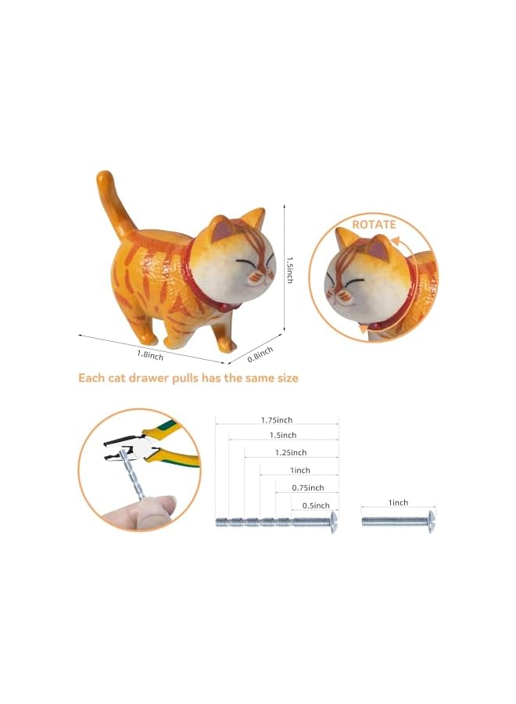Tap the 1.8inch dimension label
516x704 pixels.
tap(150, 354)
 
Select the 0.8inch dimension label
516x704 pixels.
tap(260, 353)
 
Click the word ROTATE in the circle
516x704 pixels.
tap(374, 224)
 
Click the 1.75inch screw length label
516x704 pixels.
tap(277, 420)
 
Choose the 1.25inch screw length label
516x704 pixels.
tap(291, 452)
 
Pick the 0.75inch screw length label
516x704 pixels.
tap(307, 487)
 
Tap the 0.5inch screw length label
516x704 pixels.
tap(316, 505)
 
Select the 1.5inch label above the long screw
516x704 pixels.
tap(283, 435)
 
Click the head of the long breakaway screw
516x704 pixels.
tap(334, 523)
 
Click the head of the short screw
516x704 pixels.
tap(431, 521)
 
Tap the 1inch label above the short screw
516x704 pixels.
tap(397, 502)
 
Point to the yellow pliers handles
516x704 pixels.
tap(179, 443)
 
